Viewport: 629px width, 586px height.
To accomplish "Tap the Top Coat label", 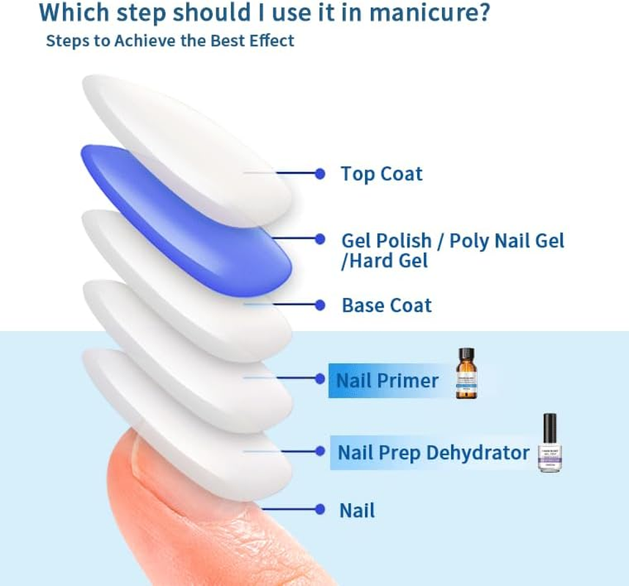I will coord(381,174).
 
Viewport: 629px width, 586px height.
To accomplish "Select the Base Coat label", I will coord(386,305).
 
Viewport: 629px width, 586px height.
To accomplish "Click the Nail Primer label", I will coord(387,380).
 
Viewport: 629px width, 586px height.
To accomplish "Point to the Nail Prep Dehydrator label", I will coord(433,453).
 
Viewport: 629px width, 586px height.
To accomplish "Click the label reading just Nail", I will coord(357,511).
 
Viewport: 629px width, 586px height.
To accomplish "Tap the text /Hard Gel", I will coord(384,260).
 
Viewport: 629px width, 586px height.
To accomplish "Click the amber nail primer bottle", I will coord(466,377).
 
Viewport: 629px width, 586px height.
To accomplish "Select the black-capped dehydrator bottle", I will coord(549,443).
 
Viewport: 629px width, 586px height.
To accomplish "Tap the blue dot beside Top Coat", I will coord(320,174).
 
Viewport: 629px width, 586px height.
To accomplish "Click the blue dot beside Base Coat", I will coord(320,305).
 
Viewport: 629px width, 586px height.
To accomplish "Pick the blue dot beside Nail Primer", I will coord(320,379).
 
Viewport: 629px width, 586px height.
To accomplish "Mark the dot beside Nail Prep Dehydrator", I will coord(320,451).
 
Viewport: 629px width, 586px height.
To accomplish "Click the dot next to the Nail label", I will coord(320,509).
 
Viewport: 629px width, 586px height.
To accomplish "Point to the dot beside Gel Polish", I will coord(320,239).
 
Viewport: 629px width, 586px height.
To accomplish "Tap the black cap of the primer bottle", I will coord(466,354).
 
